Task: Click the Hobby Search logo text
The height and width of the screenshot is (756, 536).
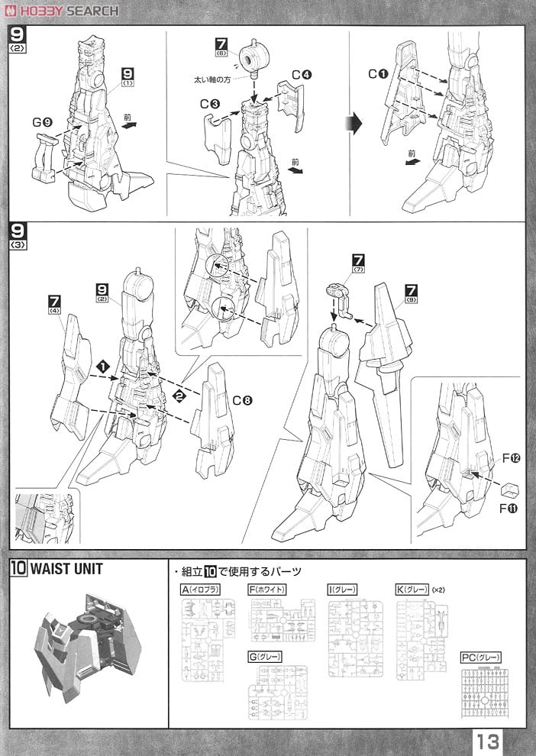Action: click(x=69, y=11)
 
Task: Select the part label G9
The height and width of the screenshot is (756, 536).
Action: click(x=42, y=121)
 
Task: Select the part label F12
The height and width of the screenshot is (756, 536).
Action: click(x=511, y=458)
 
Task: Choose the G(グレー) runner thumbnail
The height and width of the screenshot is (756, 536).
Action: click(x=276, y=691)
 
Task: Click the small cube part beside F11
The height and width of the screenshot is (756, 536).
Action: click(x=509, y=487)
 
